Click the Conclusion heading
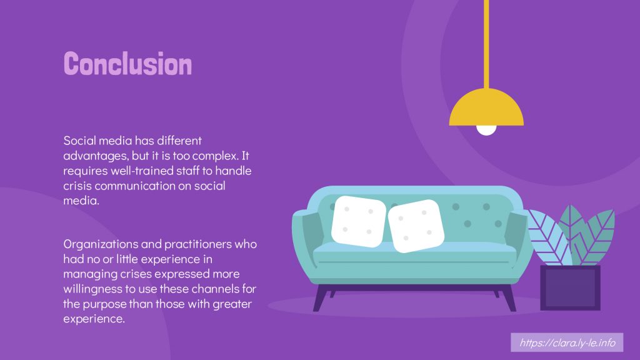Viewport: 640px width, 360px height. [x=127, y=64]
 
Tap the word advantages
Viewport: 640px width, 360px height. [x=96, y=156]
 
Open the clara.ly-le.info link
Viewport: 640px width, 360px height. [x=567, y=342]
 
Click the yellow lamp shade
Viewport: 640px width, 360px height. [x=486, y=107]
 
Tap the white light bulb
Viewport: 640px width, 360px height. [x=486, y=130]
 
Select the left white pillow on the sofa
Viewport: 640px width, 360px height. [x=358, y=221]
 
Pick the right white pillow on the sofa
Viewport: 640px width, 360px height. [x=416, y=226]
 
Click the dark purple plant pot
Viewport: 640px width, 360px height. [x=570, y=287]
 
